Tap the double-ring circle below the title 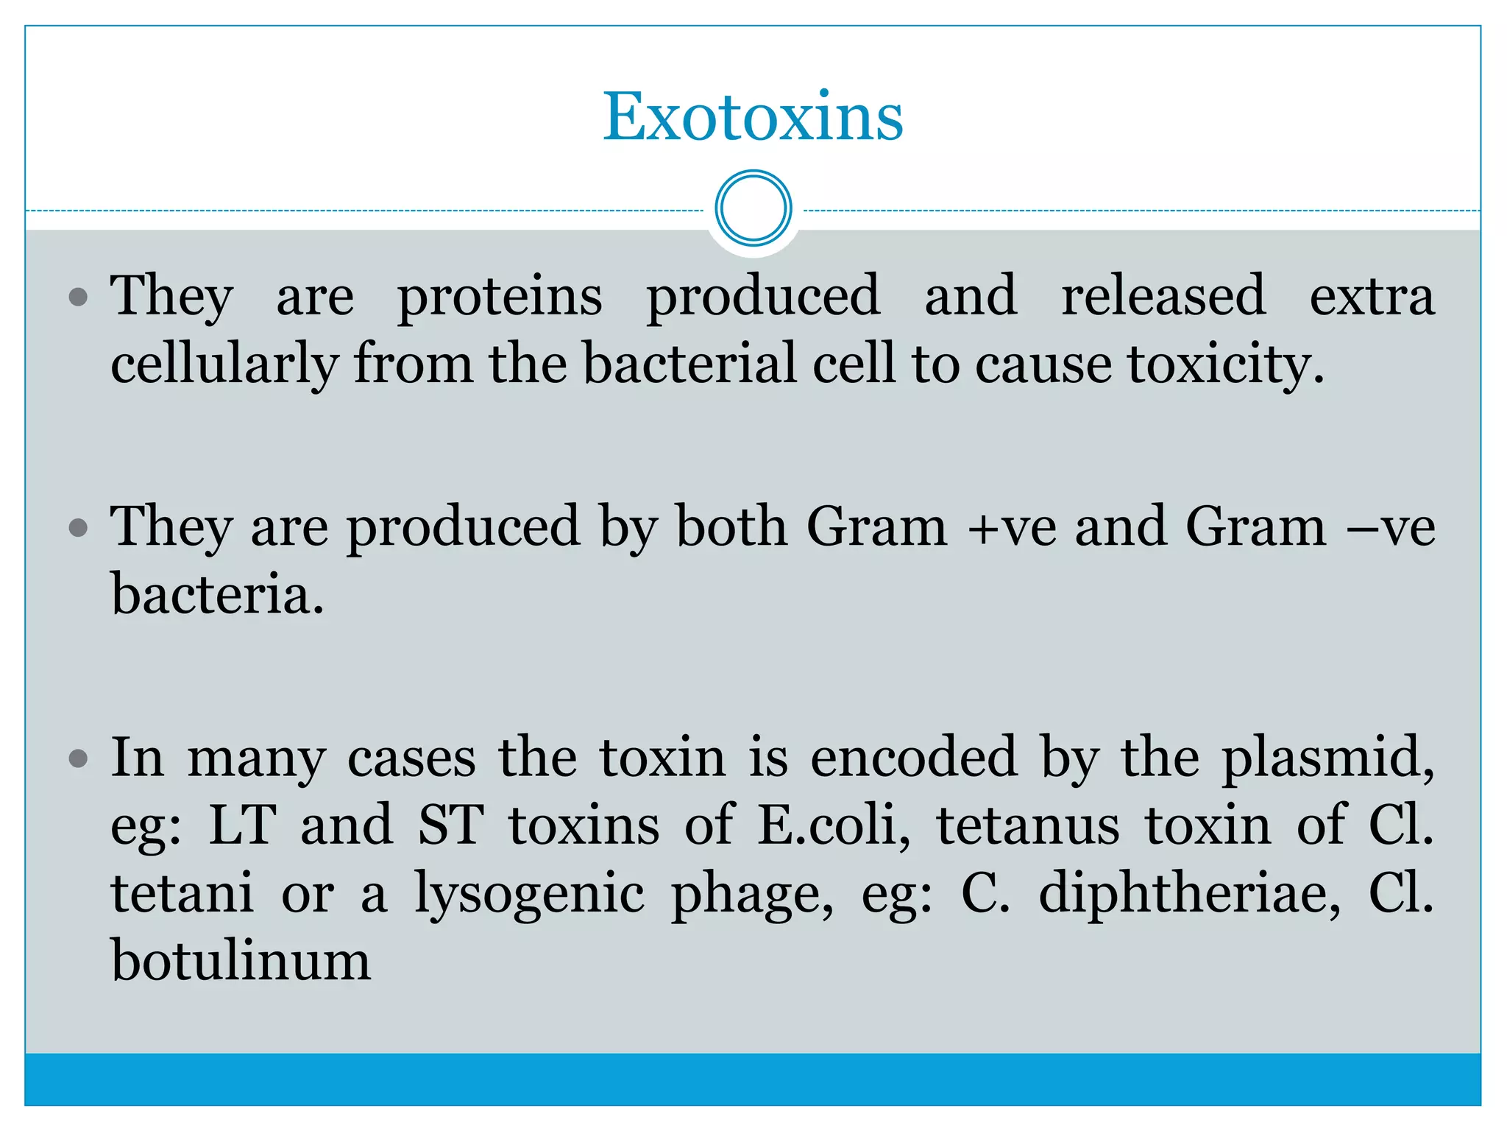753,208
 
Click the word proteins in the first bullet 500,297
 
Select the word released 1163,295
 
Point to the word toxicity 1226,364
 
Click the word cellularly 224,364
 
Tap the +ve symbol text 1013,527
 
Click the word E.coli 834,825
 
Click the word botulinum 241,961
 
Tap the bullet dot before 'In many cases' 78,758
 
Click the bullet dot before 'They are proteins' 78,297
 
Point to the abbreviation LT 243,825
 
